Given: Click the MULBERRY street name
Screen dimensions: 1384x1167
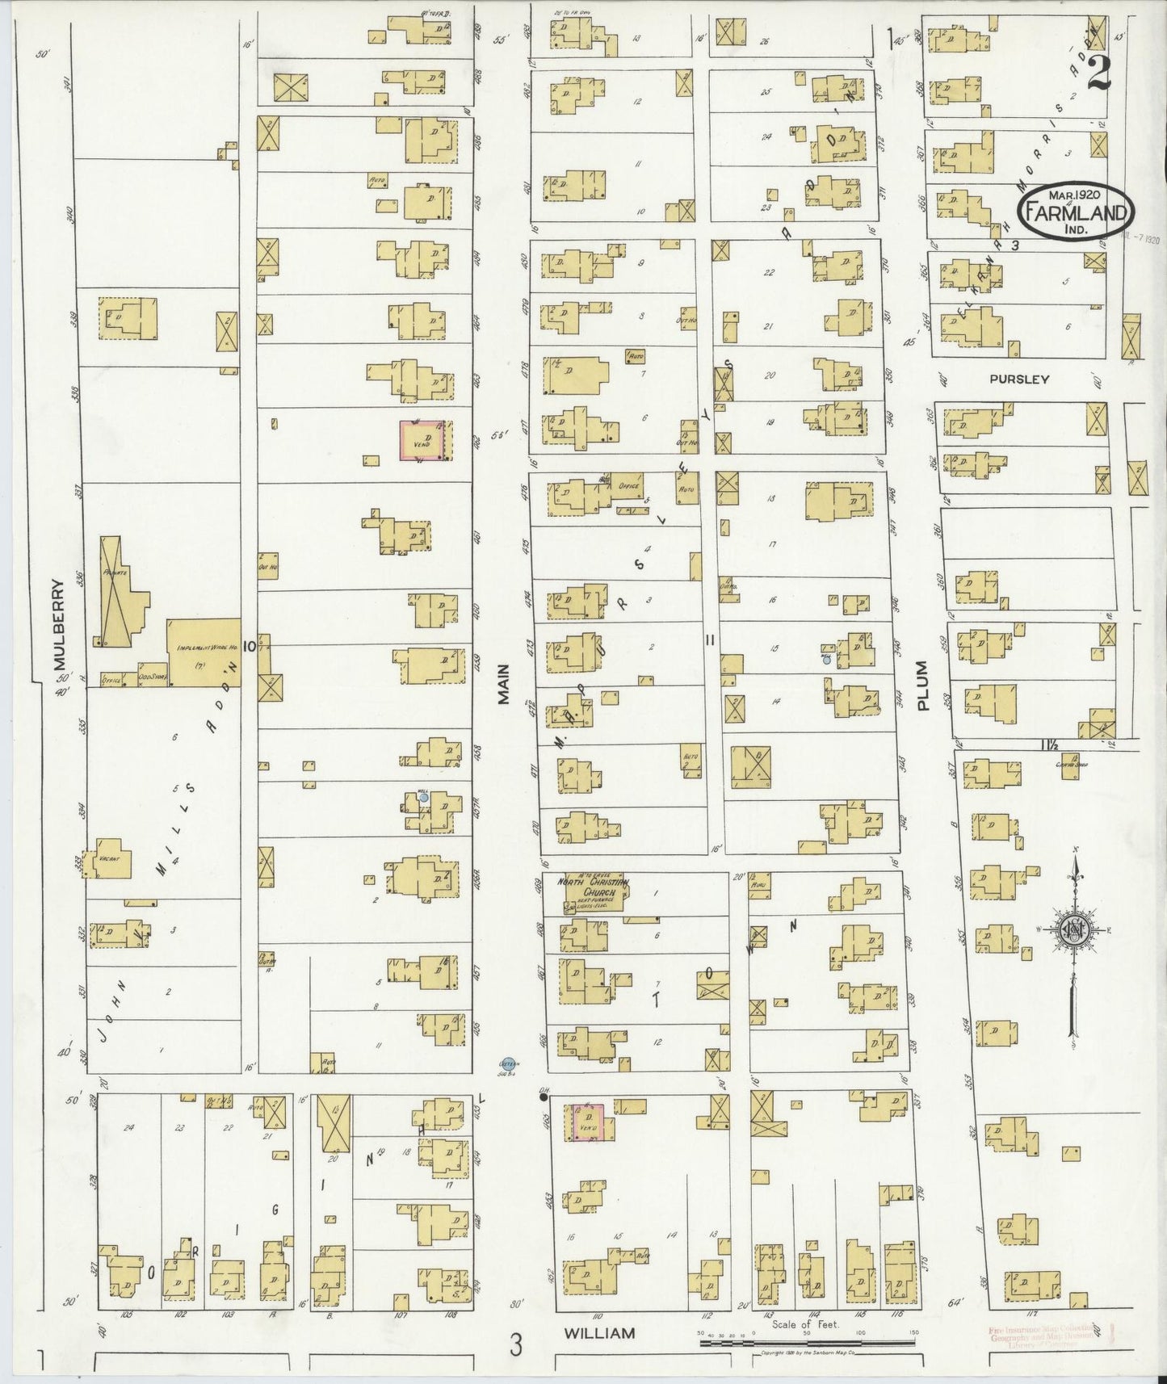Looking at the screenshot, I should point(58,625).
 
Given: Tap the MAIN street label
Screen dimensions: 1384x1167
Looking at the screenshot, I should point(503,685).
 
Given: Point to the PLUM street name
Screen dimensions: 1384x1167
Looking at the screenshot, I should point(924,686).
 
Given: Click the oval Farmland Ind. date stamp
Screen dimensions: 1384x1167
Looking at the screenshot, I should point(1077,210).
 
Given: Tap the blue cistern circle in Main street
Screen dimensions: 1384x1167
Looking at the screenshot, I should point(507,1063).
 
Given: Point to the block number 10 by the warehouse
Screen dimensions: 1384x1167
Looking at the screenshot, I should point(250,645).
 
